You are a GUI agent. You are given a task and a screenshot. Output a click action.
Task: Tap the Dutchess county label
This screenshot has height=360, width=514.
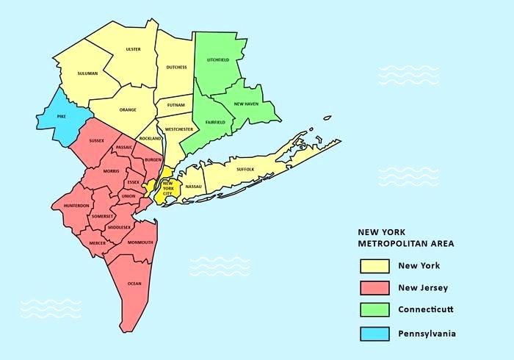176,67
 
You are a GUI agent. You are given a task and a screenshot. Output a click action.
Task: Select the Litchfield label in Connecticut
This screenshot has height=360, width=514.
218,60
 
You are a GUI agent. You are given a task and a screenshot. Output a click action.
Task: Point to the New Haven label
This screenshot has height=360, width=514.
246,104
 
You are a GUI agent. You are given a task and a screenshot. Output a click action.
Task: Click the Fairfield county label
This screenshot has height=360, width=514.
215,122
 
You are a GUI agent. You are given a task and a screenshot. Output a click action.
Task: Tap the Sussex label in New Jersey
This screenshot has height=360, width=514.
96,140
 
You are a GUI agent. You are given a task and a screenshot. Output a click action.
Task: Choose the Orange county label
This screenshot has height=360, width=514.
128,109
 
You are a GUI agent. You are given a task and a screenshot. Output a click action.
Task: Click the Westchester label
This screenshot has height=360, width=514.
179,129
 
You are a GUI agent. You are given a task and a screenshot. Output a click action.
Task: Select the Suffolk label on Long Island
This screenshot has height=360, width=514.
245,169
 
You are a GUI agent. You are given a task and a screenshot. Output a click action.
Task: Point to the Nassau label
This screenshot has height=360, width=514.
194,187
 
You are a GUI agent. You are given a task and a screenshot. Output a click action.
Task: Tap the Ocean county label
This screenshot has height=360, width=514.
134,283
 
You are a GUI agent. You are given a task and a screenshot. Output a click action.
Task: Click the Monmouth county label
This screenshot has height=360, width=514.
140,242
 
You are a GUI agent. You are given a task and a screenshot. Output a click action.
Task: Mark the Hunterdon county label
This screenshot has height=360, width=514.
76,206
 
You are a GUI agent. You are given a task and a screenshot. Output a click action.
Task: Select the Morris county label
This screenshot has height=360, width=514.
111,171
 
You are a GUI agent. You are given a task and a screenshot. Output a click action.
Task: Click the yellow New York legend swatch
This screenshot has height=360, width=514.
374,265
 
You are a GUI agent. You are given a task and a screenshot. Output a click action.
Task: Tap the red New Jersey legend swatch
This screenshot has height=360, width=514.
374,288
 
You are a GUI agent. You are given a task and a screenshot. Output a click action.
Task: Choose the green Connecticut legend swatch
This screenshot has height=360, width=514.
374,311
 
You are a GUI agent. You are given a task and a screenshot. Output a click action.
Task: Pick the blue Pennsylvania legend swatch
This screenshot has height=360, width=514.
374,334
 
